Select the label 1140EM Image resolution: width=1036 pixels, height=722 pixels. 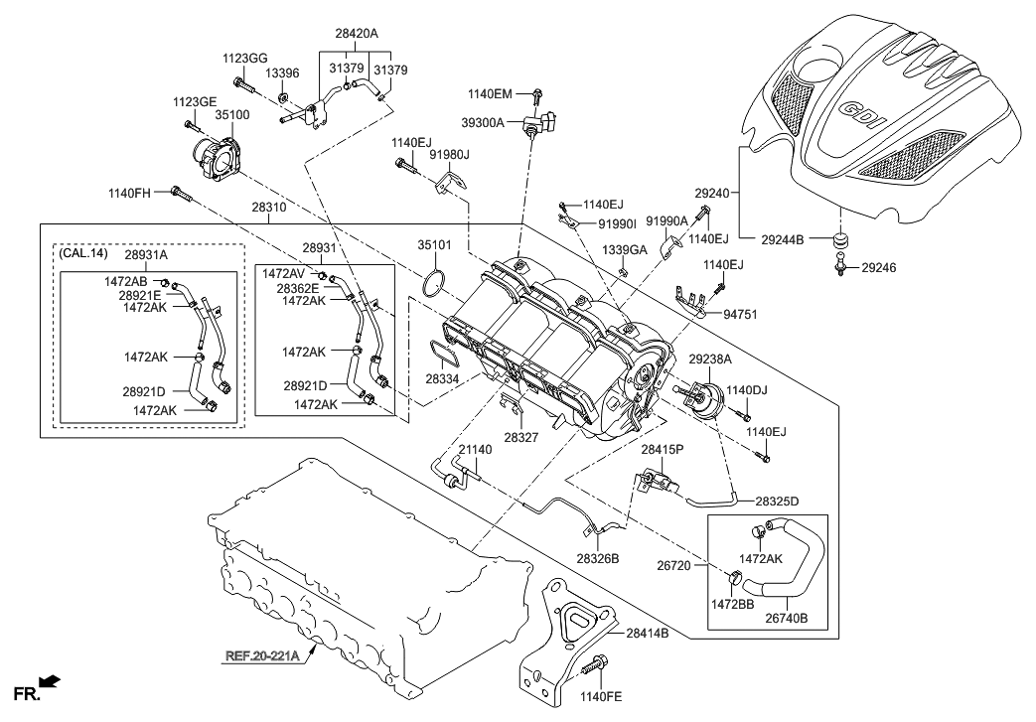click(490, 93)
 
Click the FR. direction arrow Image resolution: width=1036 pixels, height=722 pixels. click(50, 681)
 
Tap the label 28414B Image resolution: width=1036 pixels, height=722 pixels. click(648, 632)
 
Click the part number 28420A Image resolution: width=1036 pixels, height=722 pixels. click(357, 33)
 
